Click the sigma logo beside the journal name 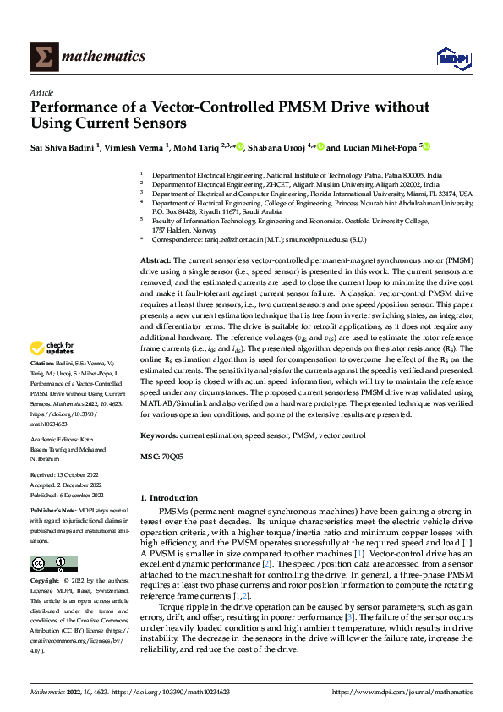click(x=43, y=57)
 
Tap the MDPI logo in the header click(x=452, y=57)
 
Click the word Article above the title click(x=42, y=92)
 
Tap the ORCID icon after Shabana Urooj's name click(x=321, y=147)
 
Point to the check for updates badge click(x=52, y=371)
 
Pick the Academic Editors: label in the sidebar click(x=58, y=441)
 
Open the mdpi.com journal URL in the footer click(x=400, y=692)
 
